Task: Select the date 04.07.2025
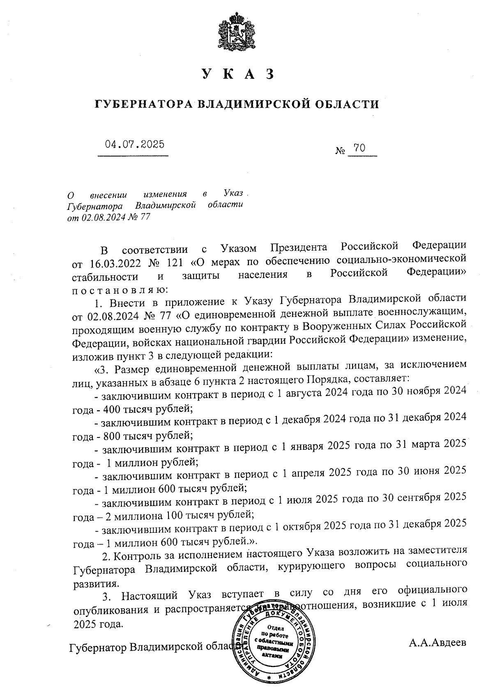(134, 144)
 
